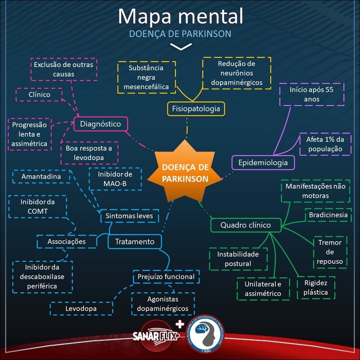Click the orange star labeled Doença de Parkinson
pyautogui.click(x=185, y=173)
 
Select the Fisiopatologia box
pyautogui.click(x=196, y=108)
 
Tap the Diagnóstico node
pyautogui.click(x=100, y=124)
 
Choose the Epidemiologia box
pyautogui.click(x=263, y=162)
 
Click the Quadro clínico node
pyautogui.click(x=245, y=225)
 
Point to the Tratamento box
pyautogui.click(x=134, y=242)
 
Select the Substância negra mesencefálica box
pyautogui.click(x=146, y=77)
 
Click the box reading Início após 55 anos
pyautogui.click(x=311, y=94)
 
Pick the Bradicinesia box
pyautogui.click(x=328, y=215)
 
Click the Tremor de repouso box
pyautogui.click(x=330, y=252)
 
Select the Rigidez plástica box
pyautogui.click(x=316, y=287)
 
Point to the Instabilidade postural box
pyautogui.click(x=238, y=259)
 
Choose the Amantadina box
pyautogui.click(x=41, y=177)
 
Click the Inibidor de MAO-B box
pyautogui.click(x=115, y=179)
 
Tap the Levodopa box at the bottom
pyautogui.click(x=81, y=308)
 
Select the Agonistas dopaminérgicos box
pyautogui.click(x=162, y=304)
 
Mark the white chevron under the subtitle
pyautogui.click(x=181, y=47)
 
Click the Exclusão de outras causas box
pyautogui.click(x=63, y=69)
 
